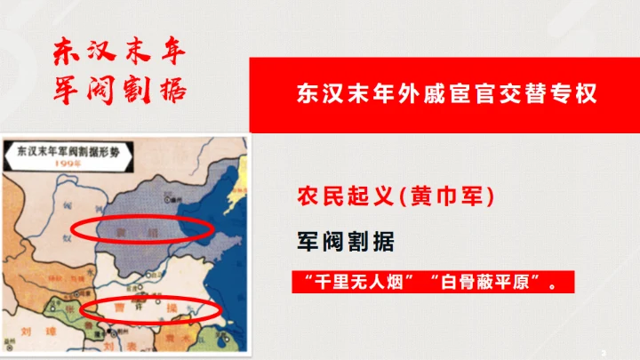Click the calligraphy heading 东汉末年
click(119, 51)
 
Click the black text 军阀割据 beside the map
click(345, 240)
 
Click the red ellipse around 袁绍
click(141, 230)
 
